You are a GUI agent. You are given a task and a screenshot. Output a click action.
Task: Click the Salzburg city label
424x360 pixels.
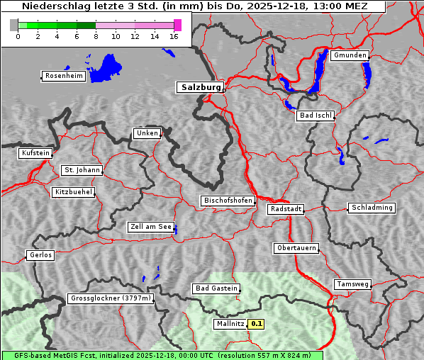point(199,87)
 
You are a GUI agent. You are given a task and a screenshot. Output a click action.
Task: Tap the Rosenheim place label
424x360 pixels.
point(63,76)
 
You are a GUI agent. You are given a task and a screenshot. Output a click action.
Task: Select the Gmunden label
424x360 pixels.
point(350,55)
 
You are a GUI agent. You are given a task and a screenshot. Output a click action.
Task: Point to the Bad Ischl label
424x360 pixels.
point(315,116)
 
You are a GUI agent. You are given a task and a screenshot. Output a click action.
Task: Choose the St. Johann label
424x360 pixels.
point(82,170)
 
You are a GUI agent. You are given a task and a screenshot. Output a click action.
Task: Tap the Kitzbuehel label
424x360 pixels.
point(73,192)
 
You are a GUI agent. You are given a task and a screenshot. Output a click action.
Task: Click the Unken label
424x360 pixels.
point(147,133)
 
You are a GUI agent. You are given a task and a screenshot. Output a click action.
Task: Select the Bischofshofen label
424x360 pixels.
point(228,201)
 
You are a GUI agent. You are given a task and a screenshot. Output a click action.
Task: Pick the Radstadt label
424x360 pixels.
point(286,209)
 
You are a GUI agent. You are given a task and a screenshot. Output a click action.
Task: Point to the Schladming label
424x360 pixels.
point(371,208)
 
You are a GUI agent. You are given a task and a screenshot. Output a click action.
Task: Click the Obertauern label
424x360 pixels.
point(296,248)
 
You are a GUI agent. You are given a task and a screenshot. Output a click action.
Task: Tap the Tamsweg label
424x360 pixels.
point(352,284)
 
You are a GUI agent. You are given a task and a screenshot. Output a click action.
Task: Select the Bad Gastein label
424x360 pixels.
point(216,288)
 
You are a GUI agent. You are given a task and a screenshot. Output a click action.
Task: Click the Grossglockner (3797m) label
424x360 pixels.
point(111,299)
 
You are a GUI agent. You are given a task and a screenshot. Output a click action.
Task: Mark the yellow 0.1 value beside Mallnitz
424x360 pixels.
point(257,324)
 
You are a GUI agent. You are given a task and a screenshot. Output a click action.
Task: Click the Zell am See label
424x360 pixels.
point(150,227)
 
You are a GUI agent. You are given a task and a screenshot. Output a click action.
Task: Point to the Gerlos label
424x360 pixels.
point(40,255)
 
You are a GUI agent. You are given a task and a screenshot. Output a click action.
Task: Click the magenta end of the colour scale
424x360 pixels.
point(177,25)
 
